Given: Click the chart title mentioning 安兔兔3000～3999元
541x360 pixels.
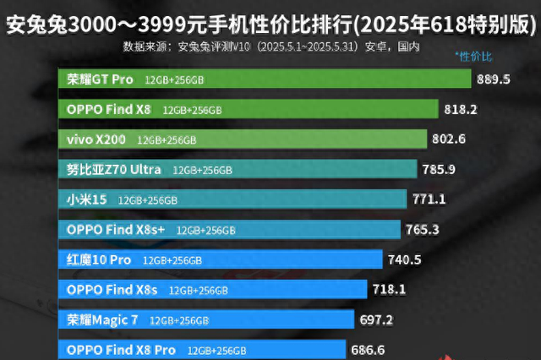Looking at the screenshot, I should [270, 24].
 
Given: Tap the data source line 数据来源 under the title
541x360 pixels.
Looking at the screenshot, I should [270, 46].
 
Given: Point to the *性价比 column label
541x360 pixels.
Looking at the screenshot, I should [473, 57].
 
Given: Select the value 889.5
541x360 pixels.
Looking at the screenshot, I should [494, 79].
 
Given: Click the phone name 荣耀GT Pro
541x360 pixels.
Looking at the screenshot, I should [101, 79].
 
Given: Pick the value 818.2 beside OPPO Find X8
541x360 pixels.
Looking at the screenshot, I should [461, 109].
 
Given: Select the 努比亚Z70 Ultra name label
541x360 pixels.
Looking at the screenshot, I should [114, 169].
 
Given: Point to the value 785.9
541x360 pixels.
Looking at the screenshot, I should [439, 169].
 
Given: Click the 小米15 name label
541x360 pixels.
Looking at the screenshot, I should [87, 199].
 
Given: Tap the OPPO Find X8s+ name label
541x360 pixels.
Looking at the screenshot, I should [116, 229].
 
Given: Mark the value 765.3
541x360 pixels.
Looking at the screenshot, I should [423, 229].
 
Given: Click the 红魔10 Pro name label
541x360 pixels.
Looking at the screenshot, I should [99, 259].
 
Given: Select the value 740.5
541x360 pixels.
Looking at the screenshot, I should [404, 259].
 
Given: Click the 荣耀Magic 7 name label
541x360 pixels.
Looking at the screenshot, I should [101, 320].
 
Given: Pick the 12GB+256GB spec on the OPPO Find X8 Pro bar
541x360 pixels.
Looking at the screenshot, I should [216, 350].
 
